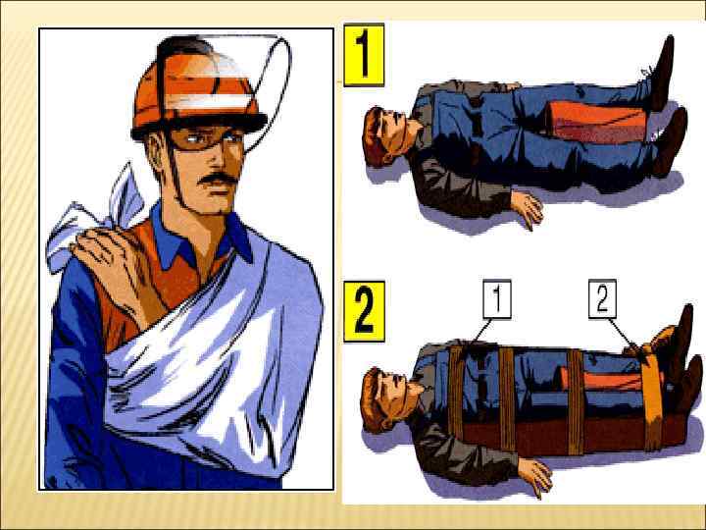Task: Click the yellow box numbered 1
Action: tap(364, 55)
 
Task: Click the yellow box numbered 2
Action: tap(364, 312)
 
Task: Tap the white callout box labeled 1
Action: tap(497, 298)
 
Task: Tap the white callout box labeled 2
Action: tap(602, 298)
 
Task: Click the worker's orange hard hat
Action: tap(198, 90)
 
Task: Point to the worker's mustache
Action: tap(218, 179)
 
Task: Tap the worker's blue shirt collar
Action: tap(203, 238)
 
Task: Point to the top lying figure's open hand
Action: tap(528, 208)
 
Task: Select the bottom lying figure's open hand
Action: tap(535, 476)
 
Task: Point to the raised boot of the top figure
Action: tap(662, 72)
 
